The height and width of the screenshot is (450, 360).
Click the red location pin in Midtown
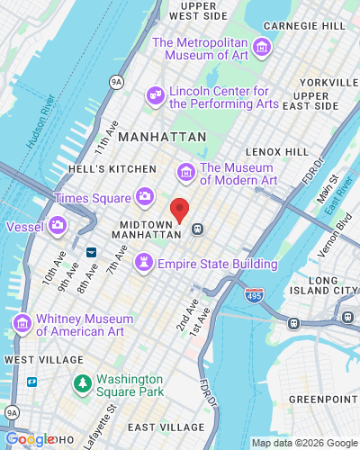[180, 210]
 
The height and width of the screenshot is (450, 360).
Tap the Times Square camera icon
[144, 196]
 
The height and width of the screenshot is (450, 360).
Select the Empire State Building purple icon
[142, 263]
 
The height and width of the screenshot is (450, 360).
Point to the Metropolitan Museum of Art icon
[262, 46]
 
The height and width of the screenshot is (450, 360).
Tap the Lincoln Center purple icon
[156, 94]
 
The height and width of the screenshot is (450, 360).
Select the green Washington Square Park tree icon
[82, 384]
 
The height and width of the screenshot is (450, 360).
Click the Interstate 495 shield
[254, 295]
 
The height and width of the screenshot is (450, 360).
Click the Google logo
[29, 438]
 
